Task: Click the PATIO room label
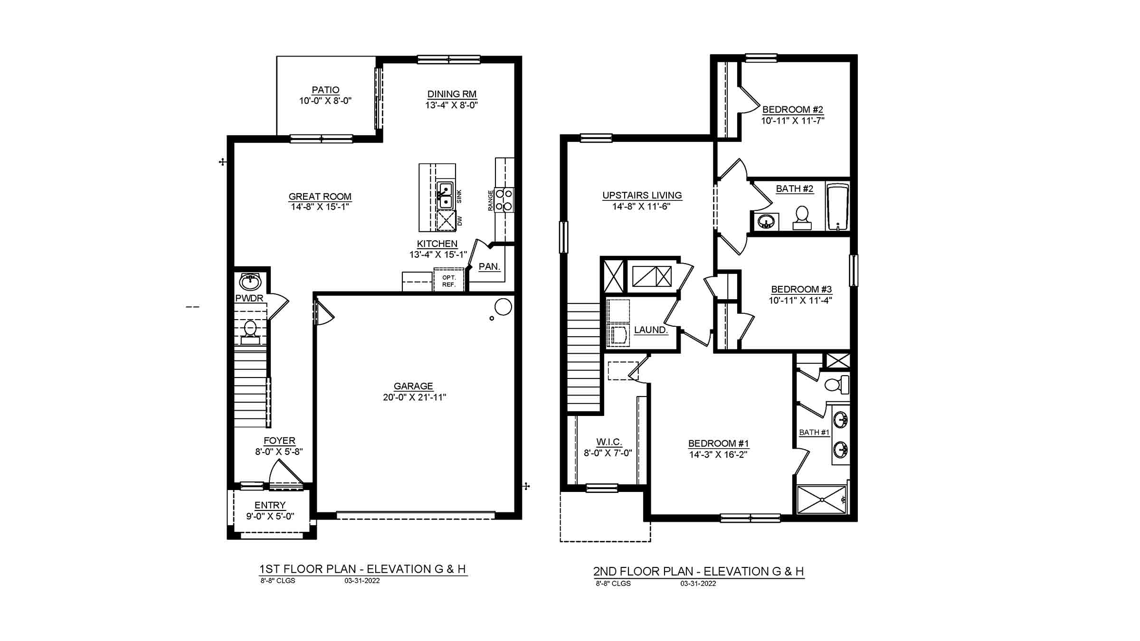click(325, 90)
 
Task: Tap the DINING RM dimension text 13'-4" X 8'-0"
click(451, 105)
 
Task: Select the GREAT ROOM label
click(320, 196)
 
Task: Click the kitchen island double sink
click(445, 195)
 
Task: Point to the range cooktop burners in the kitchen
click(504, 200)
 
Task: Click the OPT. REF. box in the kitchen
click(448, 281)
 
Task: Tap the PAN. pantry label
click(489, 266)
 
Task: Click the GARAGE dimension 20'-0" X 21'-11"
click(414, 397)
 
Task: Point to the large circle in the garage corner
click(503, 307)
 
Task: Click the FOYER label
click(279, 441)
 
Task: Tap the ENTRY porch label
click(270, 505)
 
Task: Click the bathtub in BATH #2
click(838, 207)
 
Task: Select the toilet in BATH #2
click(802, 217)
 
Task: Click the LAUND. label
click(650, 330)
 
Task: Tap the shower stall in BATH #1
click(821, 499)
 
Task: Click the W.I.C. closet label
click(609, 442)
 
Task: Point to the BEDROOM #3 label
click(801, 289)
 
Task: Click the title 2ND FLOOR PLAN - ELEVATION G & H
click(698, 571)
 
